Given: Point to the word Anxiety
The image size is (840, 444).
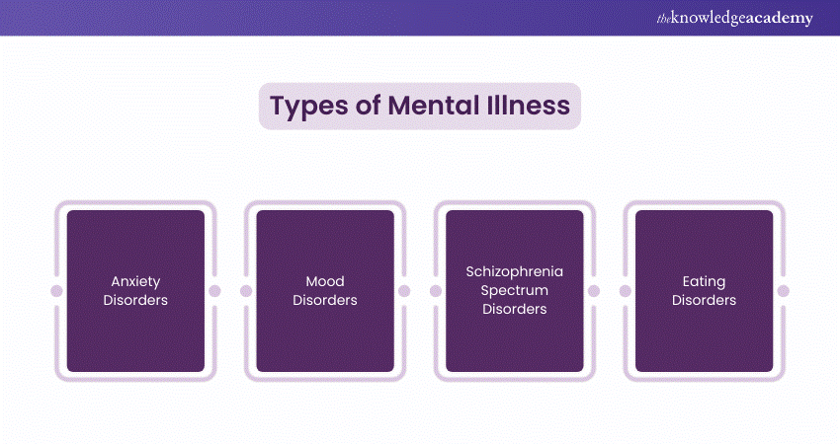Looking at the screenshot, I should point(135,282).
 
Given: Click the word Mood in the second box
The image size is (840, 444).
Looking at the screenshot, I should point(325,282).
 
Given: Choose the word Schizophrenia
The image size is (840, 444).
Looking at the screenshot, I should point(514,273).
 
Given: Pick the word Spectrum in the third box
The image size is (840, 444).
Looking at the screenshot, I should point(514,291).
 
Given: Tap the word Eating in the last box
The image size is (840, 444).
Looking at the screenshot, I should point(704,282).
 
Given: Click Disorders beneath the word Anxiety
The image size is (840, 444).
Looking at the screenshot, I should point(135,300).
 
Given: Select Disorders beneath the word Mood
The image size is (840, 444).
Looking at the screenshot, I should point(325,300).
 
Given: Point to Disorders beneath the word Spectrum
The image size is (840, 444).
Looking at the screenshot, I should point(514,309).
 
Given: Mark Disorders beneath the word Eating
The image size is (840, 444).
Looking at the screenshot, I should point(704,300).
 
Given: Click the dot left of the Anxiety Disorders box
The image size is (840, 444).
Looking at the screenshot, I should point(56,291).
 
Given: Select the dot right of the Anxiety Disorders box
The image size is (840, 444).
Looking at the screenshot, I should point(214,291).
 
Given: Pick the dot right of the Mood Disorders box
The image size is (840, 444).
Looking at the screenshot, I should point(403,291).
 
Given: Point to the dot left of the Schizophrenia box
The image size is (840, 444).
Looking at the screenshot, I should point(436,291).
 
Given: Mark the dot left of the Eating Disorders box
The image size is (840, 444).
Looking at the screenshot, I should point(625,291).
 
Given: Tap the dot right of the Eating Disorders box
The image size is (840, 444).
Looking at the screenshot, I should point(783,291).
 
